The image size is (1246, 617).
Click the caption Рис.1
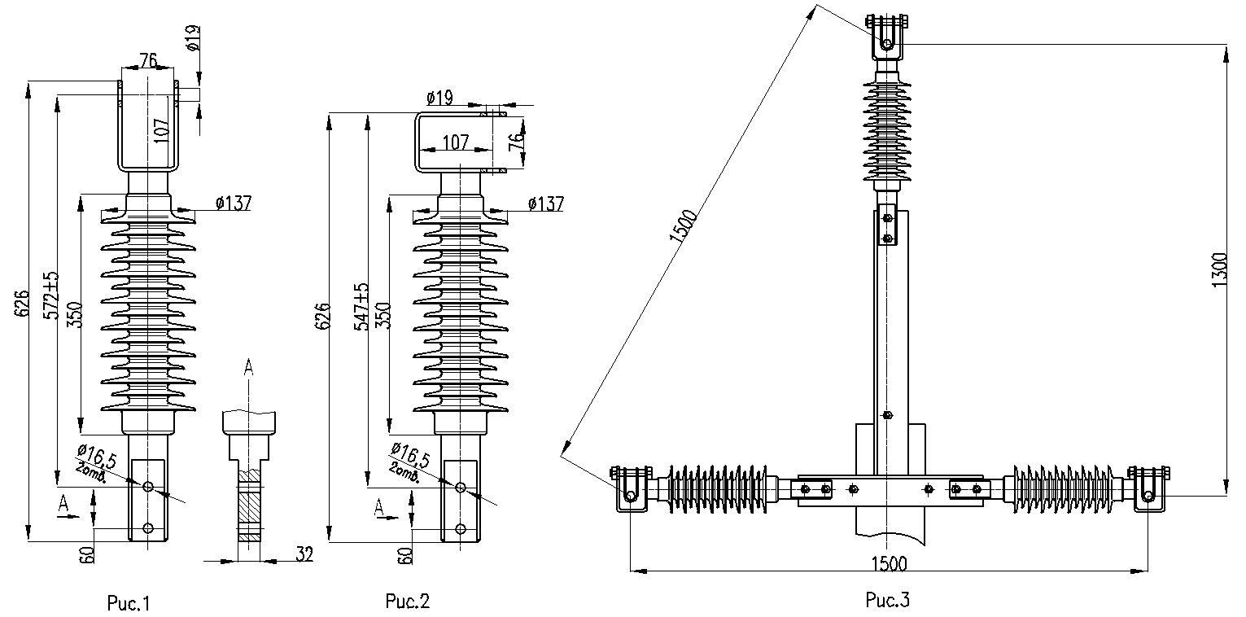[x=129, y=603]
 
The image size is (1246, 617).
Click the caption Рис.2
[x=408, y=601]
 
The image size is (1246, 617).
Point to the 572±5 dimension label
[x=52, y=295]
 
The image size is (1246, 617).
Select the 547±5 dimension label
[x=362, y=307]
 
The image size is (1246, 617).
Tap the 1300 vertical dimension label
[x=1219, y=269]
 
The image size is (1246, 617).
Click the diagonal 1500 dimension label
[x=683, y=226]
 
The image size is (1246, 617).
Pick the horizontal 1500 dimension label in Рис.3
[x=889, y=563]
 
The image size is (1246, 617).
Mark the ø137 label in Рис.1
[x=234, y=203]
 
